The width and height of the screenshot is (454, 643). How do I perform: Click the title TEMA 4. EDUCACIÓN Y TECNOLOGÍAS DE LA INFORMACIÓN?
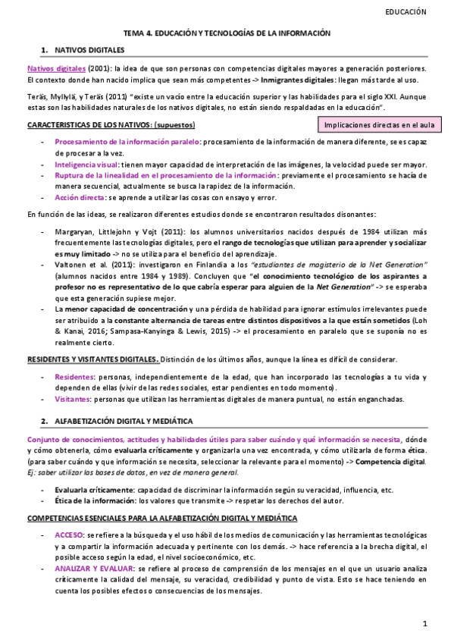pos(227,33)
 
